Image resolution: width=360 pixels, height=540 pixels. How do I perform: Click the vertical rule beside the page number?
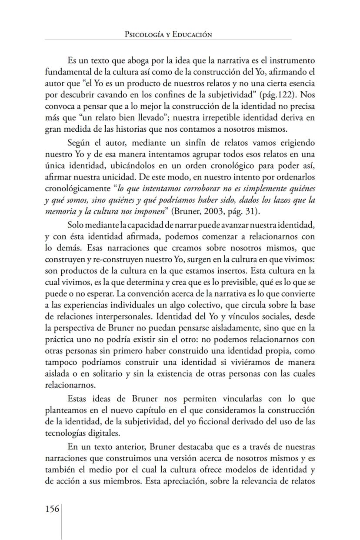62,521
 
